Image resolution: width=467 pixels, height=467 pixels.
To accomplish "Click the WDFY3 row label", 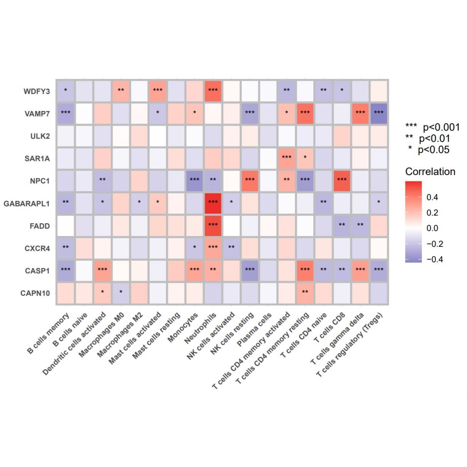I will pyautogui.click(x=37, y=91).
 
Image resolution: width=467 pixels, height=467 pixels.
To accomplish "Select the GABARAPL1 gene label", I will pyautogui.click(x=27, y=203).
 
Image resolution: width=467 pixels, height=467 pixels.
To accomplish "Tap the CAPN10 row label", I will pyautogui.click(x=35, y=293).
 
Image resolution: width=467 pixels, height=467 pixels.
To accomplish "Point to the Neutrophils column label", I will pyautogui.click(x=201, y=328).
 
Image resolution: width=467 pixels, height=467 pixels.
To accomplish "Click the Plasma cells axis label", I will pyautogui.click(x=254, y=329).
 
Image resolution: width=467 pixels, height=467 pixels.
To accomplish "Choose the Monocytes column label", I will pyautogui.click(x=183, y=327).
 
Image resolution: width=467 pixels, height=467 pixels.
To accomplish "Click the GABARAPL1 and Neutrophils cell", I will pyautogui.click(x=213, y=203).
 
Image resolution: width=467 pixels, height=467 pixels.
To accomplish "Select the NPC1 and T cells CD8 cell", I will pyautogui.click(x=342, y=181).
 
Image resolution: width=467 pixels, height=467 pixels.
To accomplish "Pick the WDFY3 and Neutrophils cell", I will pyautogui.click(x=213, y=91).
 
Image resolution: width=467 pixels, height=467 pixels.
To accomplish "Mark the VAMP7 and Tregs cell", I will pyautogui.click(x=378, y=114).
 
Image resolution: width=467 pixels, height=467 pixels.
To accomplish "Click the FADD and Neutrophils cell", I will pyautogui.click(x=213, y=226).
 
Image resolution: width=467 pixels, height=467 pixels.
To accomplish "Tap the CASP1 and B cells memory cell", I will pyautogui.click(x=65, y=270).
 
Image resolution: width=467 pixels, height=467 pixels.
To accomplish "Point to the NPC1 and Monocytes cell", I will pyautogui.click(x=194, y=181).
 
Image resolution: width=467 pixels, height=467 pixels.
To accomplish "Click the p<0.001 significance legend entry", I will pyautogui.click(x=433, y=127).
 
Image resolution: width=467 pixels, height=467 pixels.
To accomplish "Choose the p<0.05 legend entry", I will pyautogui.click(x=429, y=150).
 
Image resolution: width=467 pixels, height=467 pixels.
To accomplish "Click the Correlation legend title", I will pyautogui.click(x=430, y=172).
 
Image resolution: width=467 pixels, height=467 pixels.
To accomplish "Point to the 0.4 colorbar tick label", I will pyautogui.click(x=432, y=198).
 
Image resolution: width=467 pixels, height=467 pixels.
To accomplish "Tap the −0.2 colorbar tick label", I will pyautogui.click(x=435, y=244).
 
